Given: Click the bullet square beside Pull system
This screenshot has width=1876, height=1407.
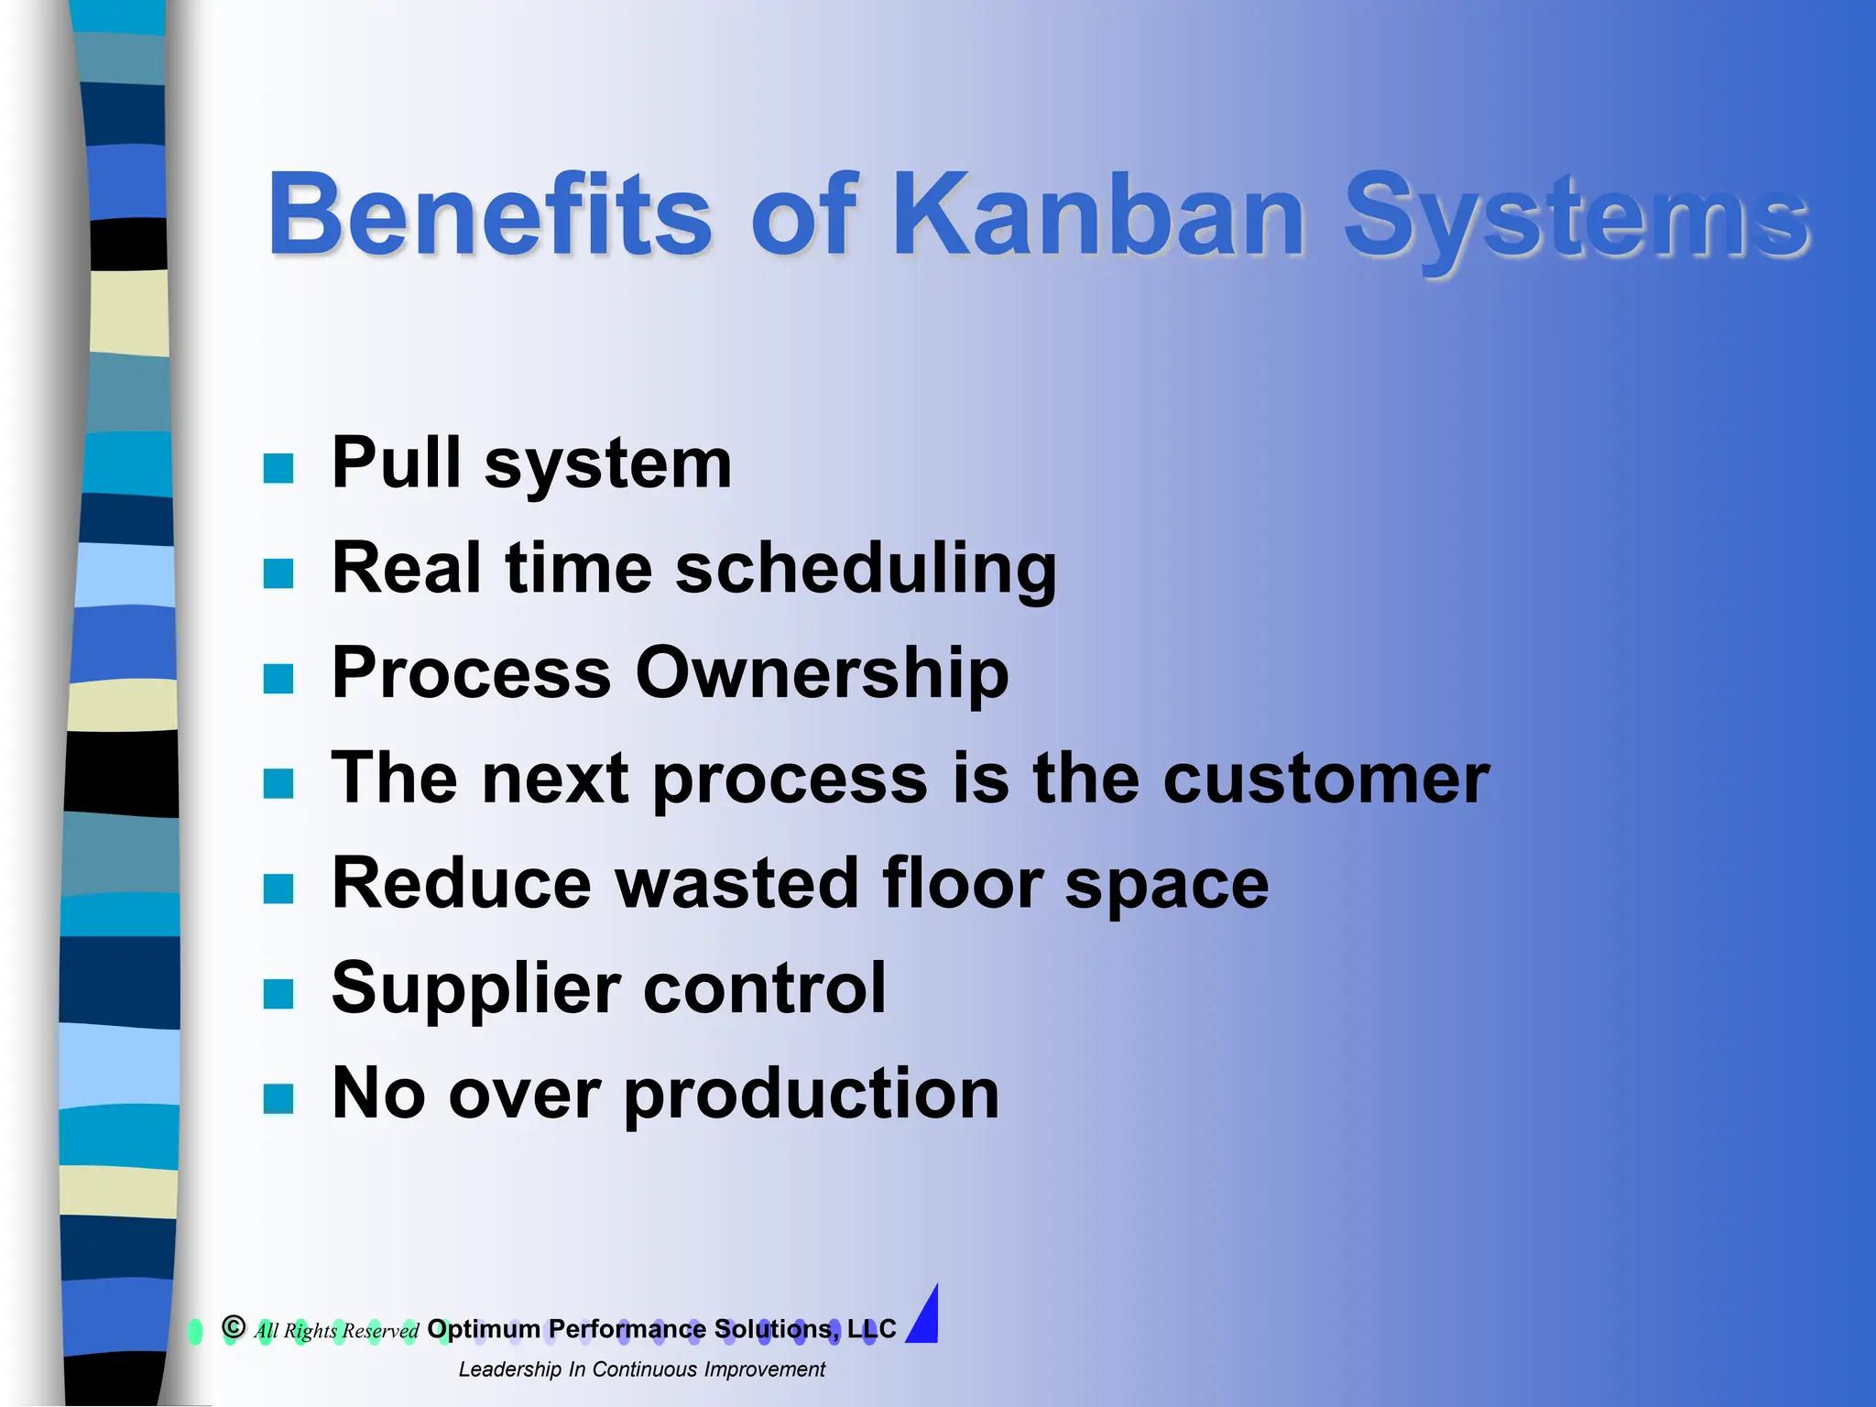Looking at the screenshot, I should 278,468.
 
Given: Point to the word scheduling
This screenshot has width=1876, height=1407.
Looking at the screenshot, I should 866,570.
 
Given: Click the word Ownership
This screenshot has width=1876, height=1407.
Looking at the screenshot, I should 822,673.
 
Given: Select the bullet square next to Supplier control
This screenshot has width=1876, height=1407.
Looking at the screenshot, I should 278,993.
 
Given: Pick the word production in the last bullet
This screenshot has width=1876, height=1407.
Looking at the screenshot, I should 812,1096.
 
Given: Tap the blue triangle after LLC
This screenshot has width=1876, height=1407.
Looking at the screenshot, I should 925,1317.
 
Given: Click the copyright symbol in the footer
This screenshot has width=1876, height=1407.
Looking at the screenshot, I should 234,1326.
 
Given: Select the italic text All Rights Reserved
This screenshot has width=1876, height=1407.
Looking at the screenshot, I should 336,1331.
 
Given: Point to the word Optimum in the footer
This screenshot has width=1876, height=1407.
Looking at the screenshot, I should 484,1329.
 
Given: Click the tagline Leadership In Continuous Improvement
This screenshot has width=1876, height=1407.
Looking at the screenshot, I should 641,1369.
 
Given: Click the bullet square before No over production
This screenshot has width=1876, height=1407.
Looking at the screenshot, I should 278,1098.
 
